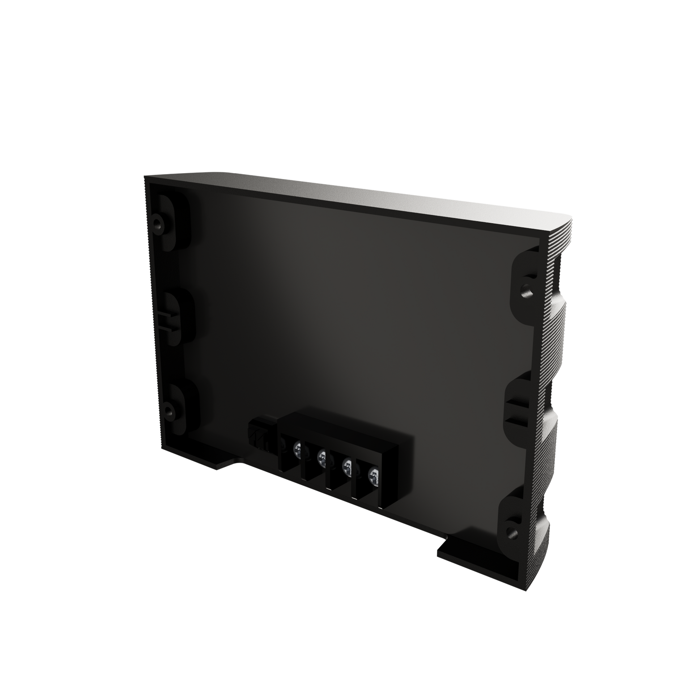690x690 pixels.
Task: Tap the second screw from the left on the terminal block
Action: click(x=321, y=457)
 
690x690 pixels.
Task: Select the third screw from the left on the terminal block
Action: click(x=346, y=468)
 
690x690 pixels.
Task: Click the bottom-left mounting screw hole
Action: click(x=169, y=409)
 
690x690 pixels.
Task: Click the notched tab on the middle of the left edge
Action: click(x=168, y=317)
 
